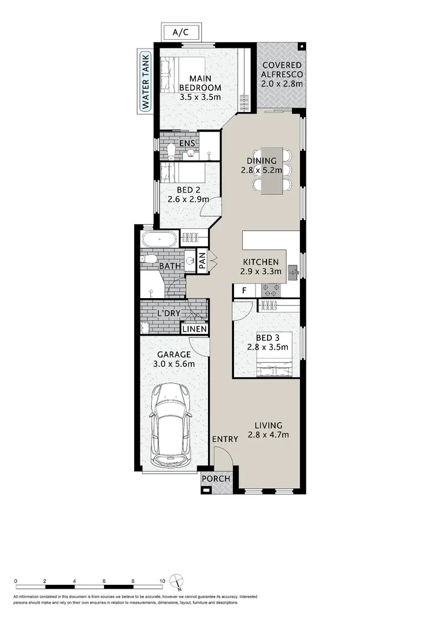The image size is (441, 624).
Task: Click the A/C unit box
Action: [180, 32]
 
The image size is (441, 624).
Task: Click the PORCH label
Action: [216, 478]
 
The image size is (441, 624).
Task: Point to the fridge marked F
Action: [244, 291]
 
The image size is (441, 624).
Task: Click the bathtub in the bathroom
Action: [157, 238]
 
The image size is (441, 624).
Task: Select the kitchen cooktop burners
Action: [270, 290]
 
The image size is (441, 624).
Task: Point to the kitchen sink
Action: [293, 271]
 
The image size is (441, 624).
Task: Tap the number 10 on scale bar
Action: [162, 581]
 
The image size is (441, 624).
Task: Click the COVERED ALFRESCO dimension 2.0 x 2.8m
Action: [281, 84]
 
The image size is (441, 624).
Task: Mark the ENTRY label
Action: [224, 439]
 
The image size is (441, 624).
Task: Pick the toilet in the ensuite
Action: [172, 151]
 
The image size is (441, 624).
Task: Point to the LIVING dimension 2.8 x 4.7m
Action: [268, 434]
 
